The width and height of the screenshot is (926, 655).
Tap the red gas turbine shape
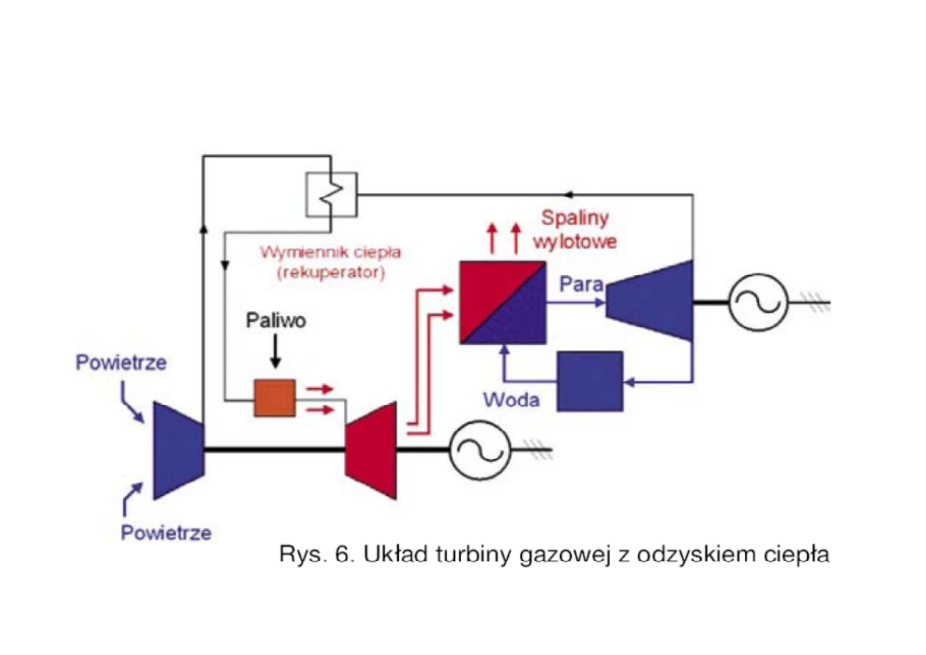pos(371,450)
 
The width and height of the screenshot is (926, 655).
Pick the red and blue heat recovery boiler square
pos(503,301)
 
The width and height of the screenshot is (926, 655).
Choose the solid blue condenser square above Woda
pos(590,381)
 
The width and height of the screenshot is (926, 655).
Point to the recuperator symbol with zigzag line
pos(331,194)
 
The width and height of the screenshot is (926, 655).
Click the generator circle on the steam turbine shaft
pos(757,301)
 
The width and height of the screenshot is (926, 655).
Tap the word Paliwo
pos(275,322)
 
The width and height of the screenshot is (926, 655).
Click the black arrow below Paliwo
pos(275,354)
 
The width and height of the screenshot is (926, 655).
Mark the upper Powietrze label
pos(121,363)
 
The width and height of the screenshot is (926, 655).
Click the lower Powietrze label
pos(166,533)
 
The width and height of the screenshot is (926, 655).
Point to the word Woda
pos(511,400)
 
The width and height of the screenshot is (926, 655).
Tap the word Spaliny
pos(576,218)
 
